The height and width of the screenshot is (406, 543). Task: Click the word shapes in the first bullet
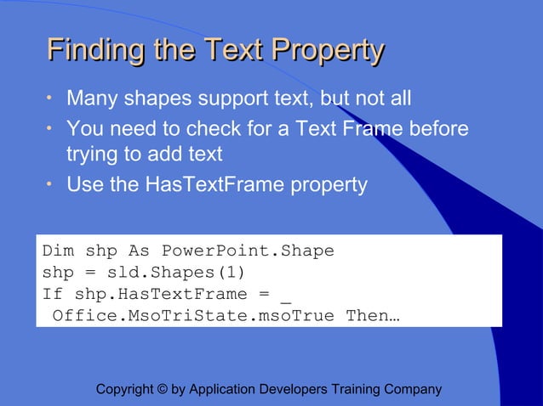pyautogui.click(x=157, y=99)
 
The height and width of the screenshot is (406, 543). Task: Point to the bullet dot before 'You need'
pyautogui.click(x=50, y=130)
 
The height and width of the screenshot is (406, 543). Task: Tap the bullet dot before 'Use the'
pyautogui.click(x=50, y=185)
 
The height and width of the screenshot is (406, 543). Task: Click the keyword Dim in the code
pyautogui.click(x=58, y=251)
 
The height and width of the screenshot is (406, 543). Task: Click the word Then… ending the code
pyautogui.click(x=373, y=317)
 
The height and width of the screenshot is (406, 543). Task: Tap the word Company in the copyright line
pyautogui.click(x=414, y=390)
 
